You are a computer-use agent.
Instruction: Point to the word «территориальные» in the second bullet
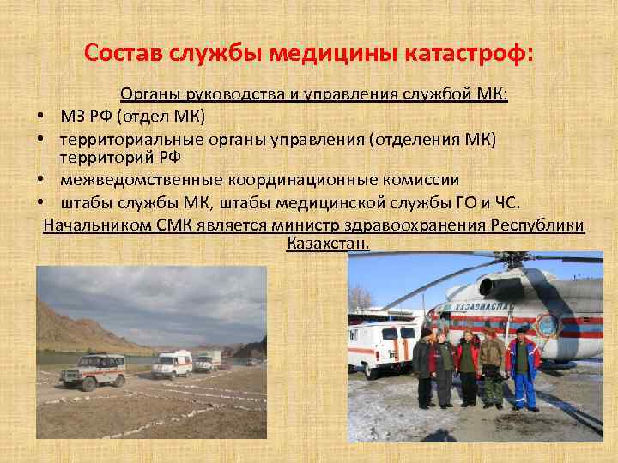(120, 138)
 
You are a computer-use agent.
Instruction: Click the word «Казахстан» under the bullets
(327, 244)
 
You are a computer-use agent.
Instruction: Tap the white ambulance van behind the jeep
(173, 363)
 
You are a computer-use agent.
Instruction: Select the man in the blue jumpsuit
(523, 364)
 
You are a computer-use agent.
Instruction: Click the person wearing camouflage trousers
(492, 367)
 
